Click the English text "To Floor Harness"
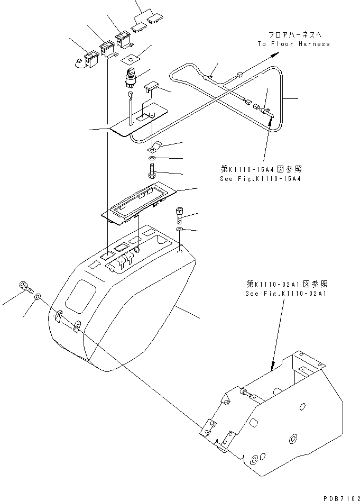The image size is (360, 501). [x=293, y=44]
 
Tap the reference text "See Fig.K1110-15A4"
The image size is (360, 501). [x=264, y=178]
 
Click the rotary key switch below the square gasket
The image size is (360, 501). [x=131, y=77]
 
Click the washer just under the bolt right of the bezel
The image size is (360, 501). [x=180, y=230]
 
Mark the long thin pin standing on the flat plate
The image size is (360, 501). [x=129, y=108]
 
